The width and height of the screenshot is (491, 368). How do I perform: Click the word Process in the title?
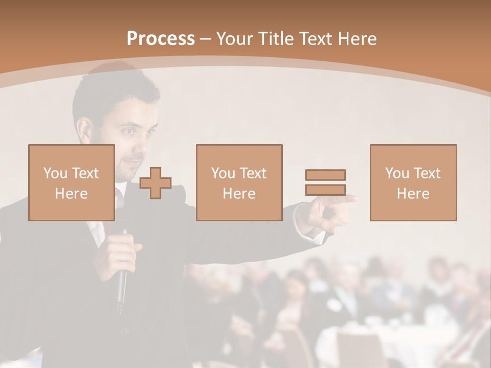[x=161, y=39]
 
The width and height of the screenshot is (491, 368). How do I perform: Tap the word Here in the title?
[x=358, y=39]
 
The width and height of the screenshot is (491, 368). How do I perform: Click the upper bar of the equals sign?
[x=325, y=175]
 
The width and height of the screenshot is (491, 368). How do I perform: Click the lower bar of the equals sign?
[x=325, y=190]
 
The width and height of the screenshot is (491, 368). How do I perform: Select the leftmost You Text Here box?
[x=72, y=182]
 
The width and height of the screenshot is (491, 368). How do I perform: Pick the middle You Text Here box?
[x=239, y=182]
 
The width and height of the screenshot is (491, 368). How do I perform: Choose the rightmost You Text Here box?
[x=413, y=182]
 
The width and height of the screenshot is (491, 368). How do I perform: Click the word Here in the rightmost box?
[x=413, y=193]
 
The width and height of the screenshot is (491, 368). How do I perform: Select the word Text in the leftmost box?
[x=85, y=173]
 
